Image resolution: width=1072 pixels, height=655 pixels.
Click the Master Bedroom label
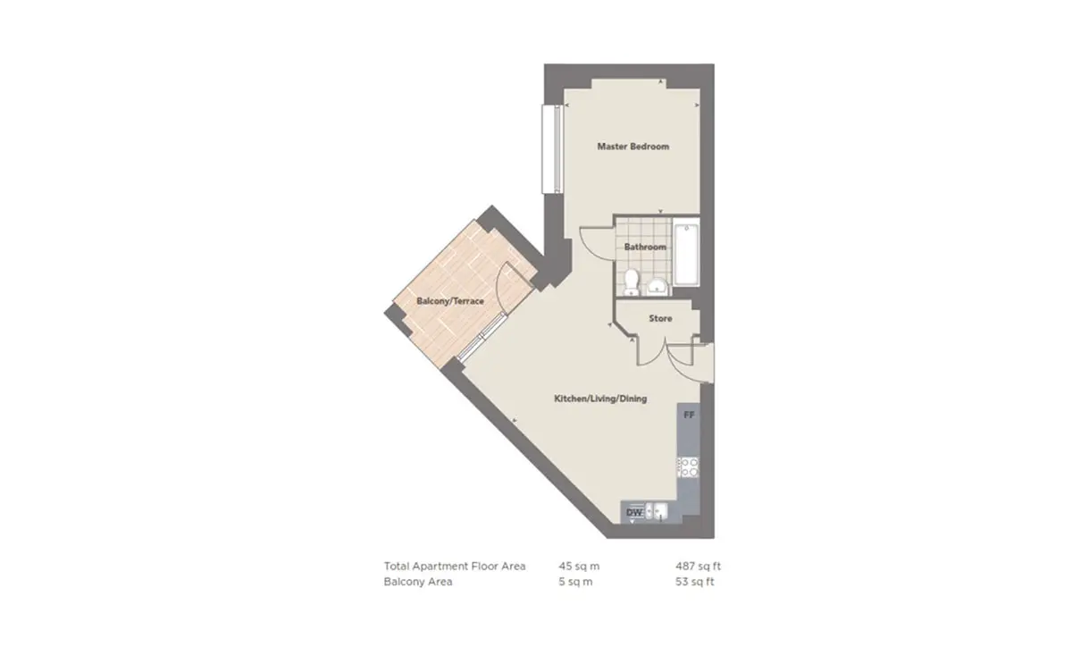(x=632, y=147)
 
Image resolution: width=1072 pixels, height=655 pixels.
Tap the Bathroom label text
(x=645, y=247)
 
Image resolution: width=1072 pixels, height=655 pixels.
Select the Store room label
(x=660, y=318)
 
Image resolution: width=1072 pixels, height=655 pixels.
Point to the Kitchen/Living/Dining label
(x=600, y=399)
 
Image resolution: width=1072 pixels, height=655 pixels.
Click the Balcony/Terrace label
(x=450, y=301)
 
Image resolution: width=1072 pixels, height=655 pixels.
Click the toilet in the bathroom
(x=632, y=282)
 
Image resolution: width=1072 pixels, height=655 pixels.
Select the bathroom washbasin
(x=657, y=286)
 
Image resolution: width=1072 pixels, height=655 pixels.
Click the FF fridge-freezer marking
(x=689, y=416)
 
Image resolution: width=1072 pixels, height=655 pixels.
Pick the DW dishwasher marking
(x=634, y=512)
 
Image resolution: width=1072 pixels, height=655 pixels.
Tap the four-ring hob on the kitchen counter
(x=689, y=467)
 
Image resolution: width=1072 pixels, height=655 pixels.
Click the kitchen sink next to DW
(x=656, y=511)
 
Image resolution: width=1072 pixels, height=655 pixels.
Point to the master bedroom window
(x=551, y=149)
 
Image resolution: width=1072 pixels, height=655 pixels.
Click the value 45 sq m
(x=579, y=566)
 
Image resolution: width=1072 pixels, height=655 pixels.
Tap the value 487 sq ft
(x=699, y=566)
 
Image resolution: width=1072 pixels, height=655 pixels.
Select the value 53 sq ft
(x=695, y=582)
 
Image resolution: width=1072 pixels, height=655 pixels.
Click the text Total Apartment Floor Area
(x=455, y=566)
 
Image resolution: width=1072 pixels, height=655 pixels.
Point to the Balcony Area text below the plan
(x=418, y=582)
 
